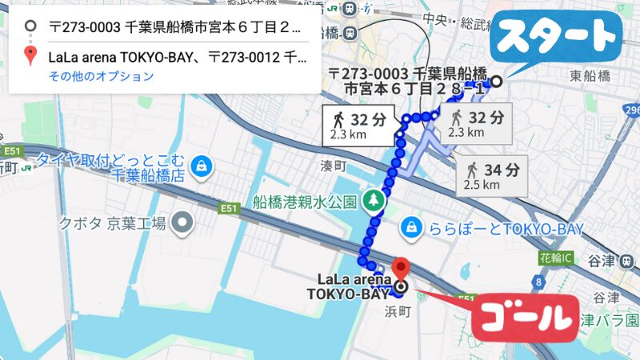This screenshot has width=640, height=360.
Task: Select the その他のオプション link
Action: pyautogui.click(x=101, y=77)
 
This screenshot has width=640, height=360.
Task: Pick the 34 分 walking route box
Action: pyautogui.click(x=491, y=177)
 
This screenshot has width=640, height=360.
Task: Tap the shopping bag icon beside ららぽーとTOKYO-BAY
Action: pyautogui.click(x=411, y=228)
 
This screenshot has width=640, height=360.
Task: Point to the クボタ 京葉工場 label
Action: pyautogui.click(x=111, y=223)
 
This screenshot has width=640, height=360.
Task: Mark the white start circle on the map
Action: pyautogui.click(x=497, y=81)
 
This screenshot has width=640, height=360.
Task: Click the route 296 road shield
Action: pyautogui.click(x=632, y=110)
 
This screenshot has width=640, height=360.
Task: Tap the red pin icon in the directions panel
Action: pyautogui.click(x=30, y=56)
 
